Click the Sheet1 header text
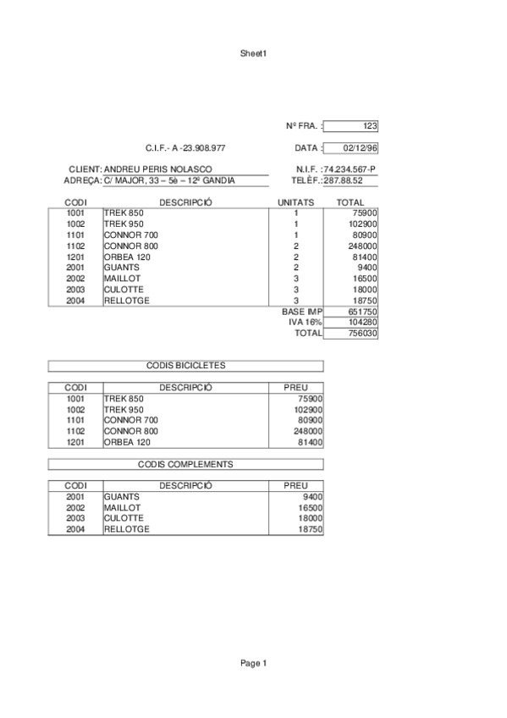click(x=253, y=53)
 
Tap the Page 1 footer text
click(x=253, y=663)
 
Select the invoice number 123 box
click(x=351, y=126)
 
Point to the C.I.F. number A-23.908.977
click(x=185, y=148)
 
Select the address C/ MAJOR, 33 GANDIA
click(x=169, y=180)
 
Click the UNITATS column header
click(x=296, y=202)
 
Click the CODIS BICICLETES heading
click(x=185, y=366)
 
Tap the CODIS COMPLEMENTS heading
click(x=185, y=464)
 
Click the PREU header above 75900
click(x=296, y=388)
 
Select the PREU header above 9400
click(x=296, y=486)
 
